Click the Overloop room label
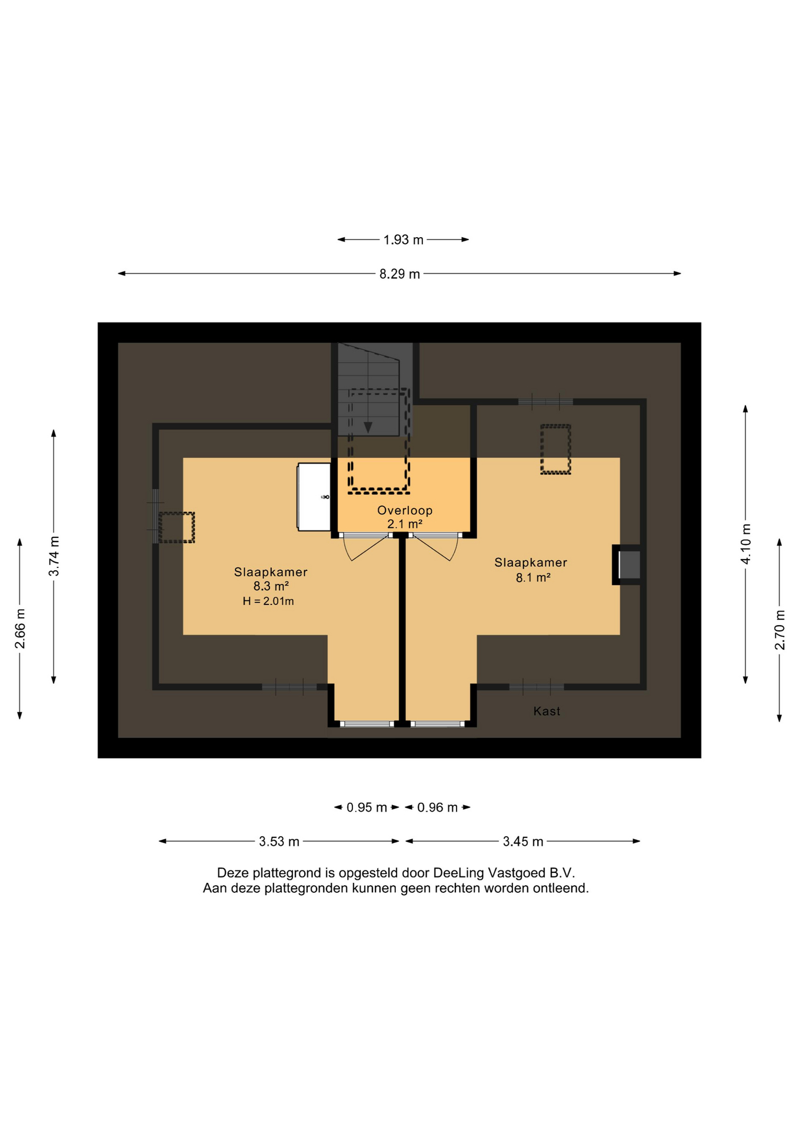coord(405,510)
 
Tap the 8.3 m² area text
coord(271,586)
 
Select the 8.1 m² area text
coord(533,577)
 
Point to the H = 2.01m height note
coord(268,601)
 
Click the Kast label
coord(547,711)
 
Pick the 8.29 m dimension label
coord(399,274)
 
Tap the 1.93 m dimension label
coord(403,240)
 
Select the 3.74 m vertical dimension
coord(54,556)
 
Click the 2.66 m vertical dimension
coord(20,628)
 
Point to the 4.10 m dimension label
coord(745,543)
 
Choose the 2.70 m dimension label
coord(780,630)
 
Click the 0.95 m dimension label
coord(367,807)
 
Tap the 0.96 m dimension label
coord(437,807)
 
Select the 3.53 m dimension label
coord(279,842)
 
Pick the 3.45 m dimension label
coord(522,842)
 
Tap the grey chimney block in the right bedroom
coord(629,564)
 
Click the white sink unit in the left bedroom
coord(314,497)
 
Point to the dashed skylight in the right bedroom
coord(555,449)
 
